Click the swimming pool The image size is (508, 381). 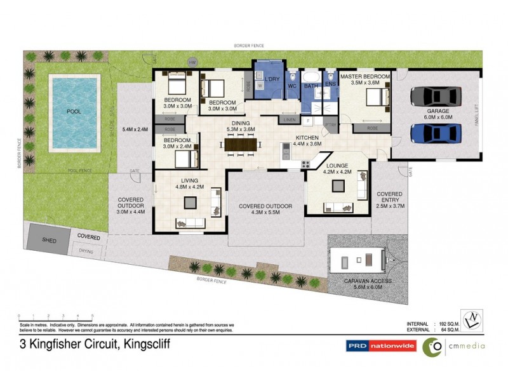74,112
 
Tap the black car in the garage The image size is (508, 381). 435,96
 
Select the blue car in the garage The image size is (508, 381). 435,133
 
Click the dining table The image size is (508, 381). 238,145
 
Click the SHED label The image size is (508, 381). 49,241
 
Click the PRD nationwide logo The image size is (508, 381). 380,346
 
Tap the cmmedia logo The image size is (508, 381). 453,346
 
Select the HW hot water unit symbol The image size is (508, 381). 192,62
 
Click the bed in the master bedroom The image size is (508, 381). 375,98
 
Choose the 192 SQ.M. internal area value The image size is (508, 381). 451,324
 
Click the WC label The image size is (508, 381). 293,85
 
